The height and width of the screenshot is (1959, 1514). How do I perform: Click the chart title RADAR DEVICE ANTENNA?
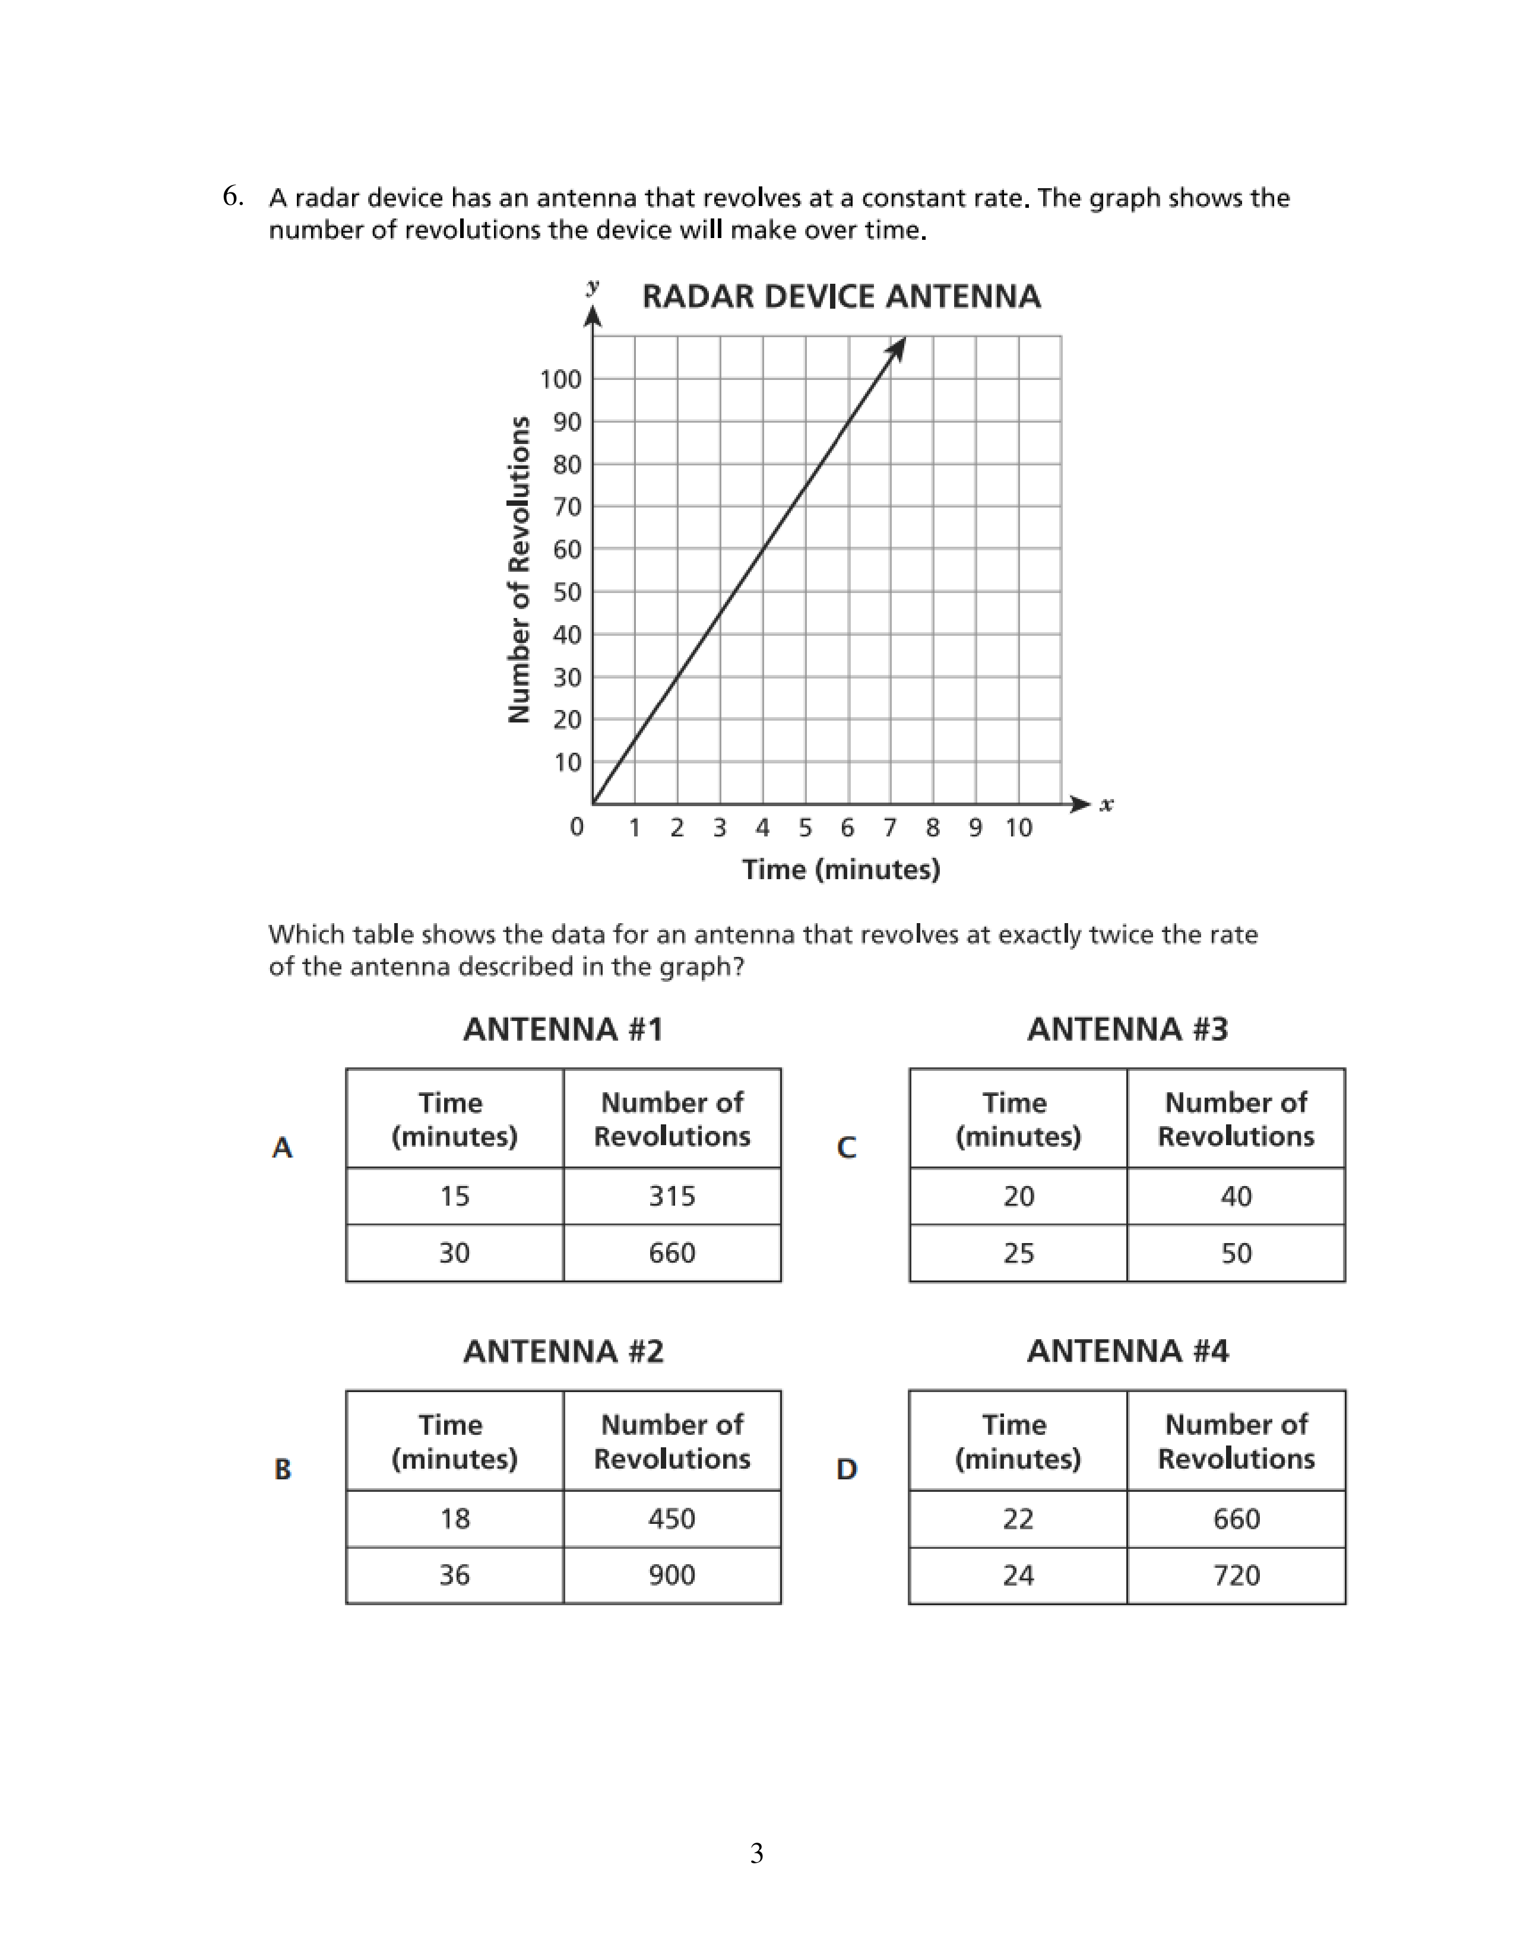(840, 296)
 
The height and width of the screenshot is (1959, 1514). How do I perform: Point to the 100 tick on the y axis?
(560, 379)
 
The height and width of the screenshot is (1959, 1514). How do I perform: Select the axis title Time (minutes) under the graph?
(840, 869)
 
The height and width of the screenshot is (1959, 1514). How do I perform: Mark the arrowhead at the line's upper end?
(898, 348)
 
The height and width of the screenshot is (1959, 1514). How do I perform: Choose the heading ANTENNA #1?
(563, 1029)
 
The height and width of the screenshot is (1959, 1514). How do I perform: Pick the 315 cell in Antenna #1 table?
(672, 1196)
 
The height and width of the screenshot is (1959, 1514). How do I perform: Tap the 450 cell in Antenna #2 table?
(672, 1518)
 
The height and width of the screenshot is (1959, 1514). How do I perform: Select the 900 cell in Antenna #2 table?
(672, 1574)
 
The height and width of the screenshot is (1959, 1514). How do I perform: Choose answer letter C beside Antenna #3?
(846, 1147)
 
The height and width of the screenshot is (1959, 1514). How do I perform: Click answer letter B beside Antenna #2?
(283, 1469)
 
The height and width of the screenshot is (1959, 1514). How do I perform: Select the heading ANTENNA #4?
(1127, 1351)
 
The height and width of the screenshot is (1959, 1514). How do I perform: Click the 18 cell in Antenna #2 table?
(455, 1518)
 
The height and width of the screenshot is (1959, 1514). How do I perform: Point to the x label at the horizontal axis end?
(1107, 804)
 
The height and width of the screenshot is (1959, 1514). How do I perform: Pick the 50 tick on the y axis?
(567, 592)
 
